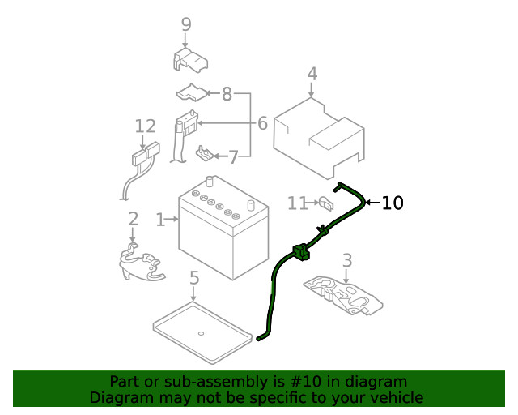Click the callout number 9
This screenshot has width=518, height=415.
[186, 24]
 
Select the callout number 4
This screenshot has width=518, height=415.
[312, 75]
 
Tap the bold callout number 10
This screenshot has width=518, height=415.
[392, 203]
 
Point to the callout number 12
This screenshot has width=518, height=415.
[145, 126]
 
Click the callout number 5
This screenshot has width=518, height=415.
[194, 279]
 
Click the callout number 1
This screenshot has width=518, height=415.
[160, 219]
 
